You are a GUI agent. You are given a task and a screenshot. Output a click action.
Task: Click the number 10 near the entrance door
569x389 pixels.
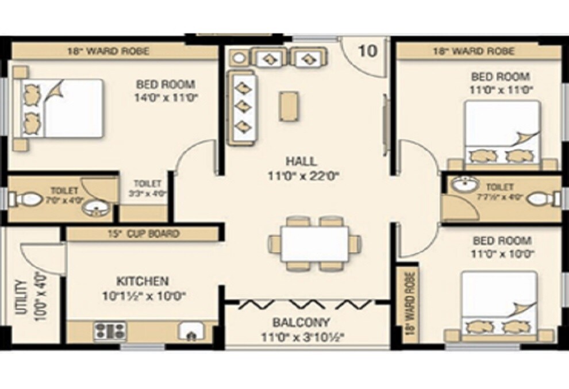[368, 51]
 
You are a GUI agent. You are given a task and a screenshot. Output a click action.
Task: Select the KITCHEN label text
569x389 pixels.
[143, 281]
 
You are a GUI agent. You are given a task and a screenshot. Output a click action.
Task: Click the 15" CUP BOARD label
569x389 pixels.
[143, 234]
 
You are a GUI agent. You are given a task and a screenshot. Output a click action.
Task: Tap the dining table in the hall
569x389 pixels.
[314, 243]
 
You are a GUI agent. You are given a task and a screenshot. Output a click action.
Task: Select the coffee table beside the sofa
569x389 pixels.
[289, 106]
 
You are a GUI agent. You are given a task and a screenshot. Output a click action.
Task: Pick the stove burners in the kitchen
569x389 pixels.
[109, 330]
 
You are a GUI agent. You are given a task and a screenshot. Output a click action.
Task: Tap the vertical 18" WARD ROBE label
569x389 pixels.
[409, 303]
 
